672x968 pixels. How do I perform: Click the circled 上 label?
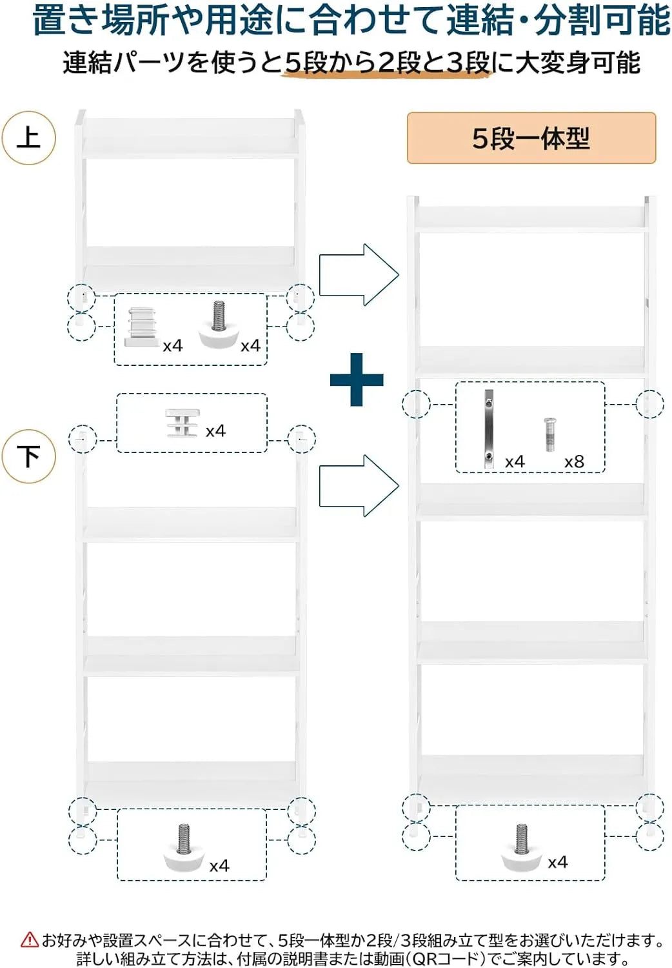29,138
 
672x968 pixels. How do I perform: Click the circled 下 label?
29,456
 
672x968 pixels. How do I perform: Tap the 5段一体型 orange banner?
531,138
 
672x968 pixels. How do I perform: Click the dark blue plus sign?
357,380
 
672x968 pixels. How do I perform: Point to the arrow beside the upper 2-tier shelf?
359,274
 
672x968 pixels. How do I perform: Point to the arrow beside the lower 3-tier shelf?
359,486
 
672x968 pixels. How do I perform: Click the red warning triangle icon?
30,939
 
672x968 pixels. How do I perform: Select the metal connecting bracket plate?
488,429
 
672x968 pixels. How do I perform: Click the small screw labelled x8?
549,434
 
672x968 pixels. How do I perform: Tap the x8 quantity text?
574,462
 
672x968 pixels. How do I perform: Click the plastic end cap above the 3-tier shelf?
183,423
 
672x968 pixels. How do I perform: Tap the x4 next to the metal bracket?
515,462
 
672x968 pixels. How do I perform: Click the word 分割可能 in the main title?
602,21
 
